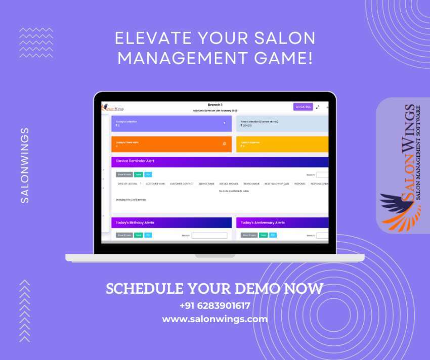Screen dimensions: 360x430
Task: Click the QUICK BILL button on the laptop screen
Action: tap(303, 107)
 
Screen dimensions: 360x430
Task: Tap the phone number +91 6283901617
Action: tap(214, 305)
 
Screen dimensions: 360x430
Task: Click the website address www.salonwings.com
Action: tap(214, 319)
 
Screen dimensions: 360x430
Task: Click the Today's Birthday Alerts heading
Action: tap(135, 222)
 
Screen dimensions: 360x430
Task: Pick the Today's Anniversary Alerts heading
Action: tap(263, 222)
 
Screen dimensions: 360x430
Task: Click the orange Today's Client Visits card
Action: tap(171, 144)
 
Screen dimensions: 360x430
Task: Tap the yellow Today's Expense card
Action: tap(282, 144)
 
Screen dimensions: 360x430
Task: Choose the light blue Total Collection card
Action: tap(282, 123)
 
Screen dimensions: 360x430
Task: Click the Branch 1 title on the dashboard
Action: tap(215, 105)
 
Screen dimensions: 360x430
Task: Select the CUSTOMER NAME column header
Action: tap(155, 184)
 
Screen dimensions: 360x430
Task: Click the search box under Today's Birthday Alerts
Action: tap(209, 236)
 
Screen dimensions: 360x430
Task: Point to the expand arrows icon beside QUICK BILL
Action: tap(318, 107)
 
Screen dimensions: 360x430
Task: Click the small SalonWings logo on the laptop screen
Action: tap(113, 107)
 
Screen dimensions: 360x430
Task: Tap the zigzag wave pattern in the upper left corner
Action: tap(36, 37)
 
